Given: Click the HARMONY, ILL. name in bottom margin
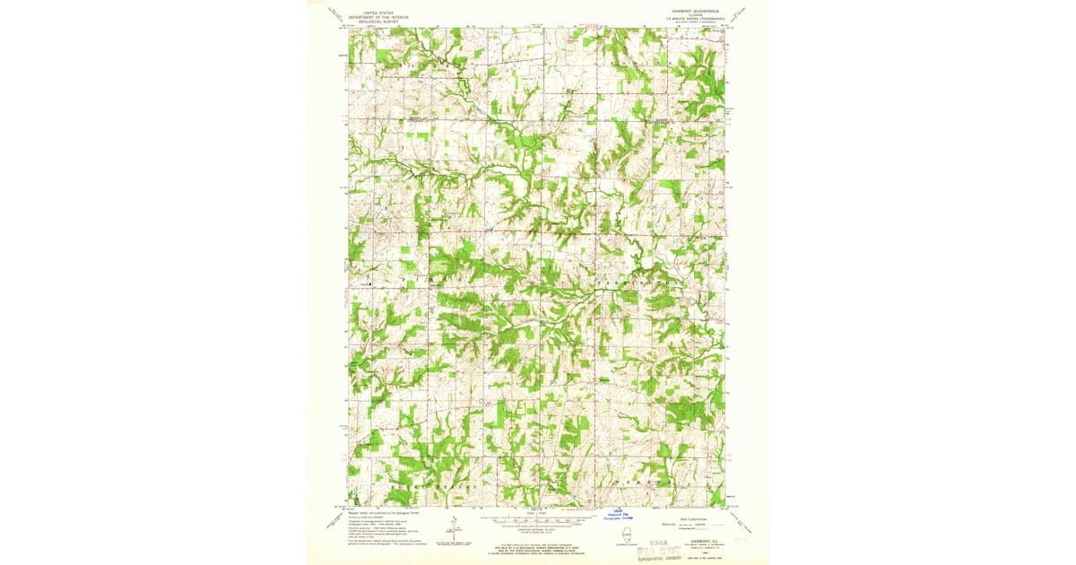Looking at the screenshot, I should pyautogui.click(x=699, y=540).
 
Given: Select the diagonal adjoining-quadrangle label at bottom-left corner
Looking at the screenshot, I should pyautogui.click(x=334, y=517).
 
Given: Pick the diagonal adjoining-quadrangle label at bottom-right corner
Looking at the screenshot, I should pyautogui.click(x=741, y=517).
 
